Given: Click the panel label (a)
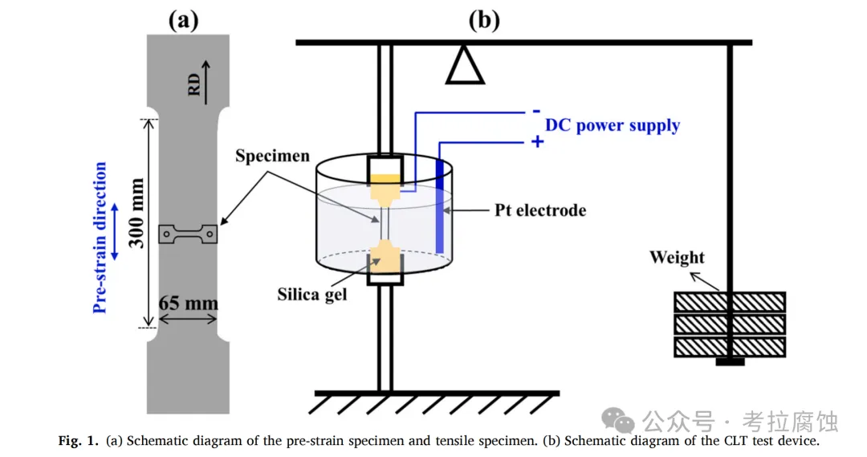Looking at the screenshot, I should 182,19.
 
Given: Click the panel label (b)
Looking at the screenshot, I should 483,19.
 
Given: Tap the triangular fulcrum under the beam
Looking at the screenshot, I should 465,66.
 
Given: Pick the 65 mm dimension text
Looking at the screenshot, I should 189,304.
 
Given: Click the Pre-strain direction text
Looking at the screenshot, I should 100,238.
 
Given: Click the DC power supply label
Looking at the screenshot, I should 613,125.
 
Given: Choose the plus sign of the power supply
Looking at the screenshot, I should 537,142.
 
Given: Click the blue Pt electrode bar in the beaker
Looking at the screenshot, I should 440,206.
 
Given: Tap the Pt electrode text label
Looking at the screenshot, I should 540,210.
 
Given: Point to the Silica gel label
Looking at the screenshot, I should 312,294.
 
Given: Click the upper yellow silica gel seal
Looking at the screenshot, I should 384,188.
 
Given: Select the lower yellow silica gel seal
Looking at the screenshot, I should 384,259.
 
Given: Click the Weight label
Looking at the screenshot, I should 677,258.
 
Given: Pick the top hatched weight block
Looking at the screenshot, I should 729,302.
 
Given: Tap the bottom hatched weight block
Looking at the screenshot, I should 729,347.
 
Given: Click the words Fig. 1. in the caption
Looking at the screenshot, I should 79,440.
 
